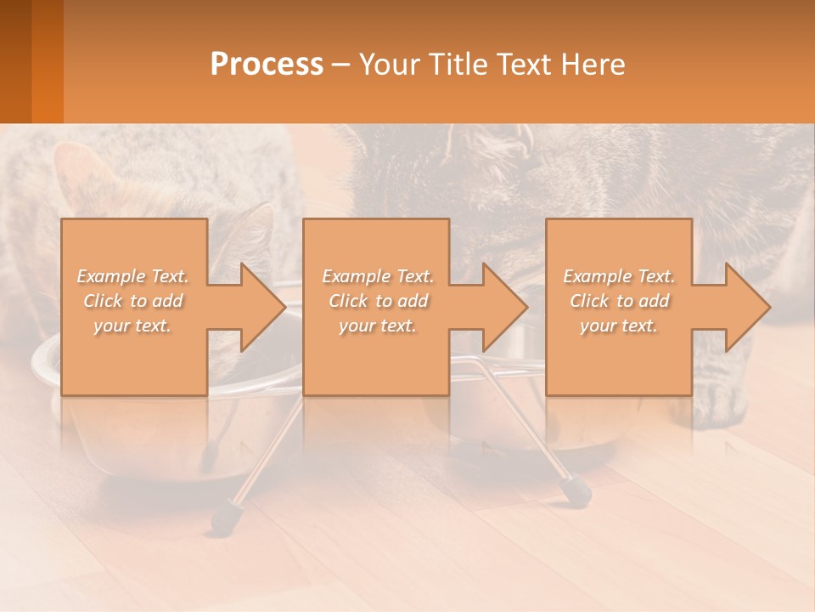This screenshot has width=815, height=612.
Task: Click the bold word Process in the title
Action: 267,65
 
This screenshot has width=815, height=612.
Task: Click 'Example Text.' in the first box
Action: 133,276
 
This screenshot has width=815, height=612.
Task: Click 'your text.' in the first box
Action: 133,326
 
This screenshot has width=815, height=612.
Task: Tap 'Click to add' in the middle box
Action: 378,301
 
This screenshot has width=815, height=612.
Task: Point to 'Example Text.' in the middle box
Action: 378,276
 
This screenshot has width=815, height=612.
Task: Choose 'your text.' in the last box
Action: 619,326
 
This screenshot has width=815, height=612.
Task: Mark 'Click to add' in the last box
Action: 619,301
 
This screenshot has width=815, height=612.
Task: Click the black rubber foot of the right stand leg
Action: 578,490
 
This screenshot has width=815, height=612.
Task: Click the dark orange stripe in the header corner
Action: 47,61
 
